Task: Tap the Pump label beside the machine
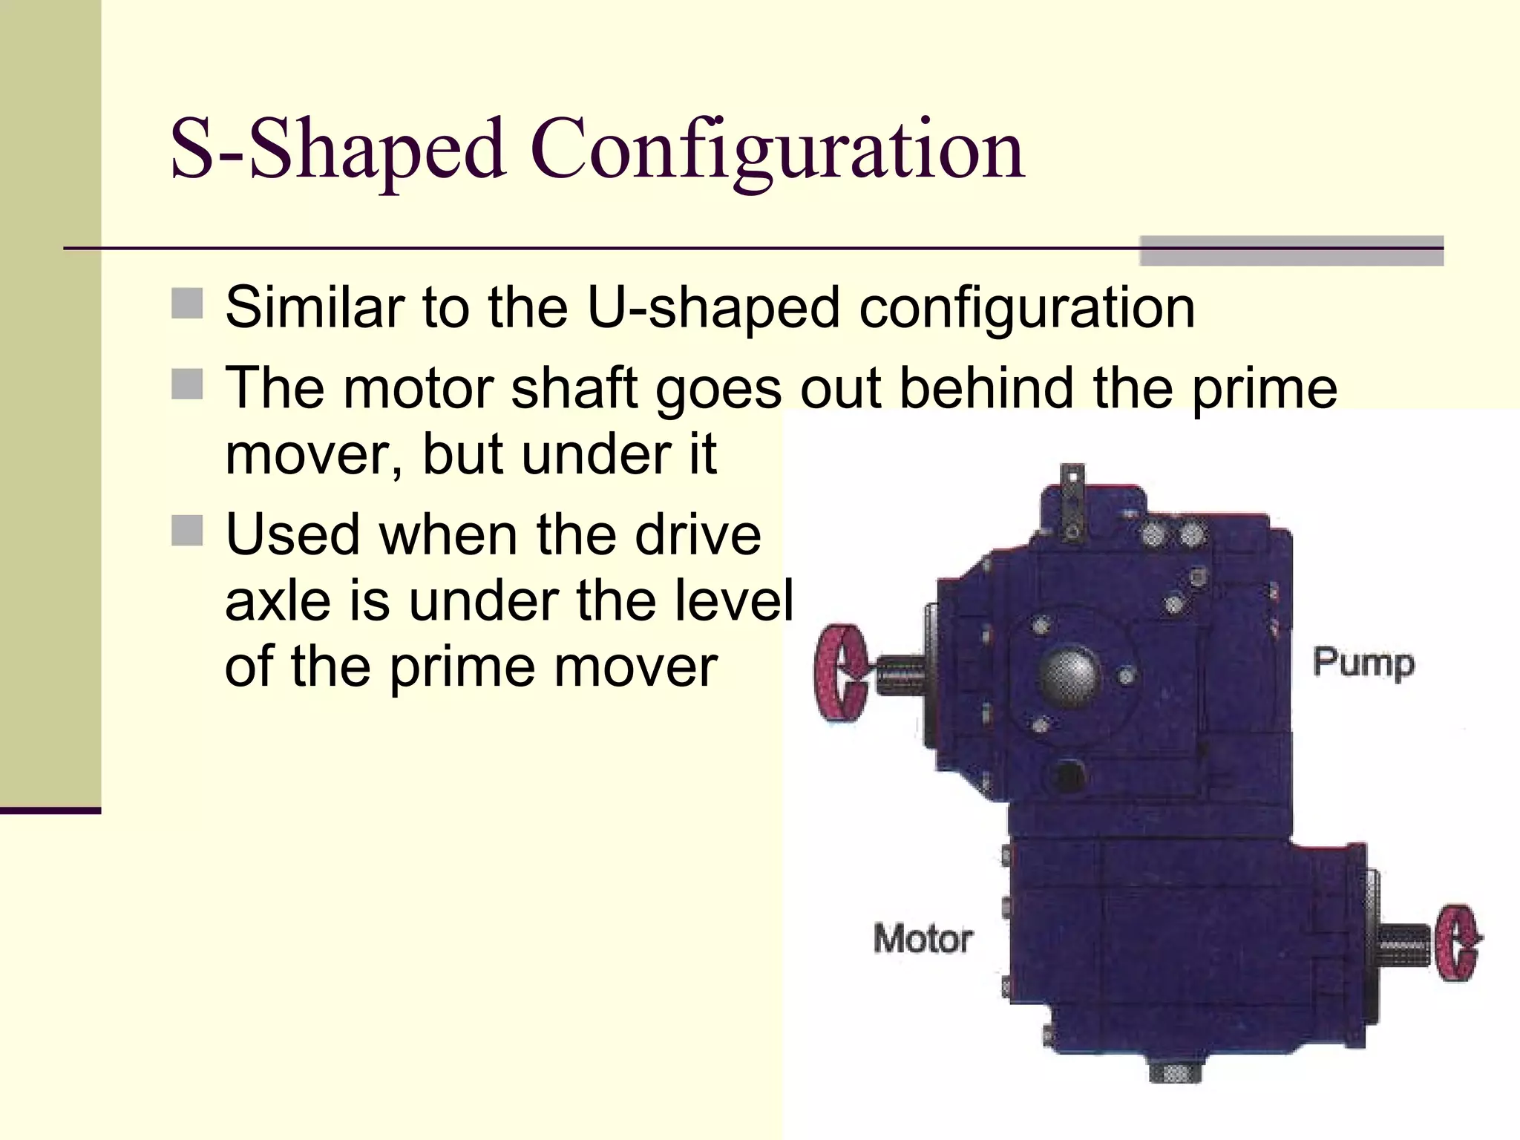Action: pyautogui.click(x=1363, y=663)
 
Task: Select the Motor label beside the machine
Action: pyautogui.click(x=923, y=939)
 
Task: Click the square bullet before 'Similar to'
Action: pyautogui.click(x=187, y=304)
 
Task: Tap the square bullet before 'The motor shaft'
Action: pyautogui.click(x=187, y=385)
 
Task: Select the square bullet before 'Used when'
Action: pyautogui.click(x=187, y=531)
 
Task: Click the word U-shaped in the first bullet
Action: pyautogui.click(x=713, y=307)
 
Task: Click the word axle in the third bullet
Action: pyautogui.click(x=278, y=600)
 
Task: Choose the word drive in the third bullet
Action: pyautogui.click(x=698, y=534)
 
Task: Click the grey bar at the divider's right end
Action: pyautogui.click(x=1291, y=251)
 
